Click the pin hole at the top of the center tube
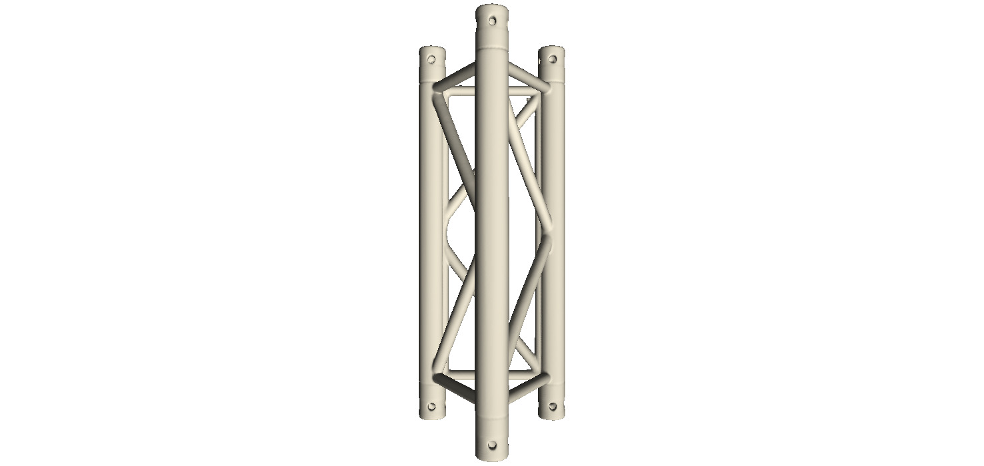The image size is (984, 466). (493, 19)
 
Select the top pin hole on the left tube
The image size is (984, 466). (431, 59)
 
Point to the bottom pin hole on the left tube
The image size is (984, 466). (431, 405)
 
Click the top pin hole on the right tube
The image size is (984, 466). (551, 59)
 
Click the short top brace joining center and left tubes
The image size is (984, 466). (457, 75)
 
